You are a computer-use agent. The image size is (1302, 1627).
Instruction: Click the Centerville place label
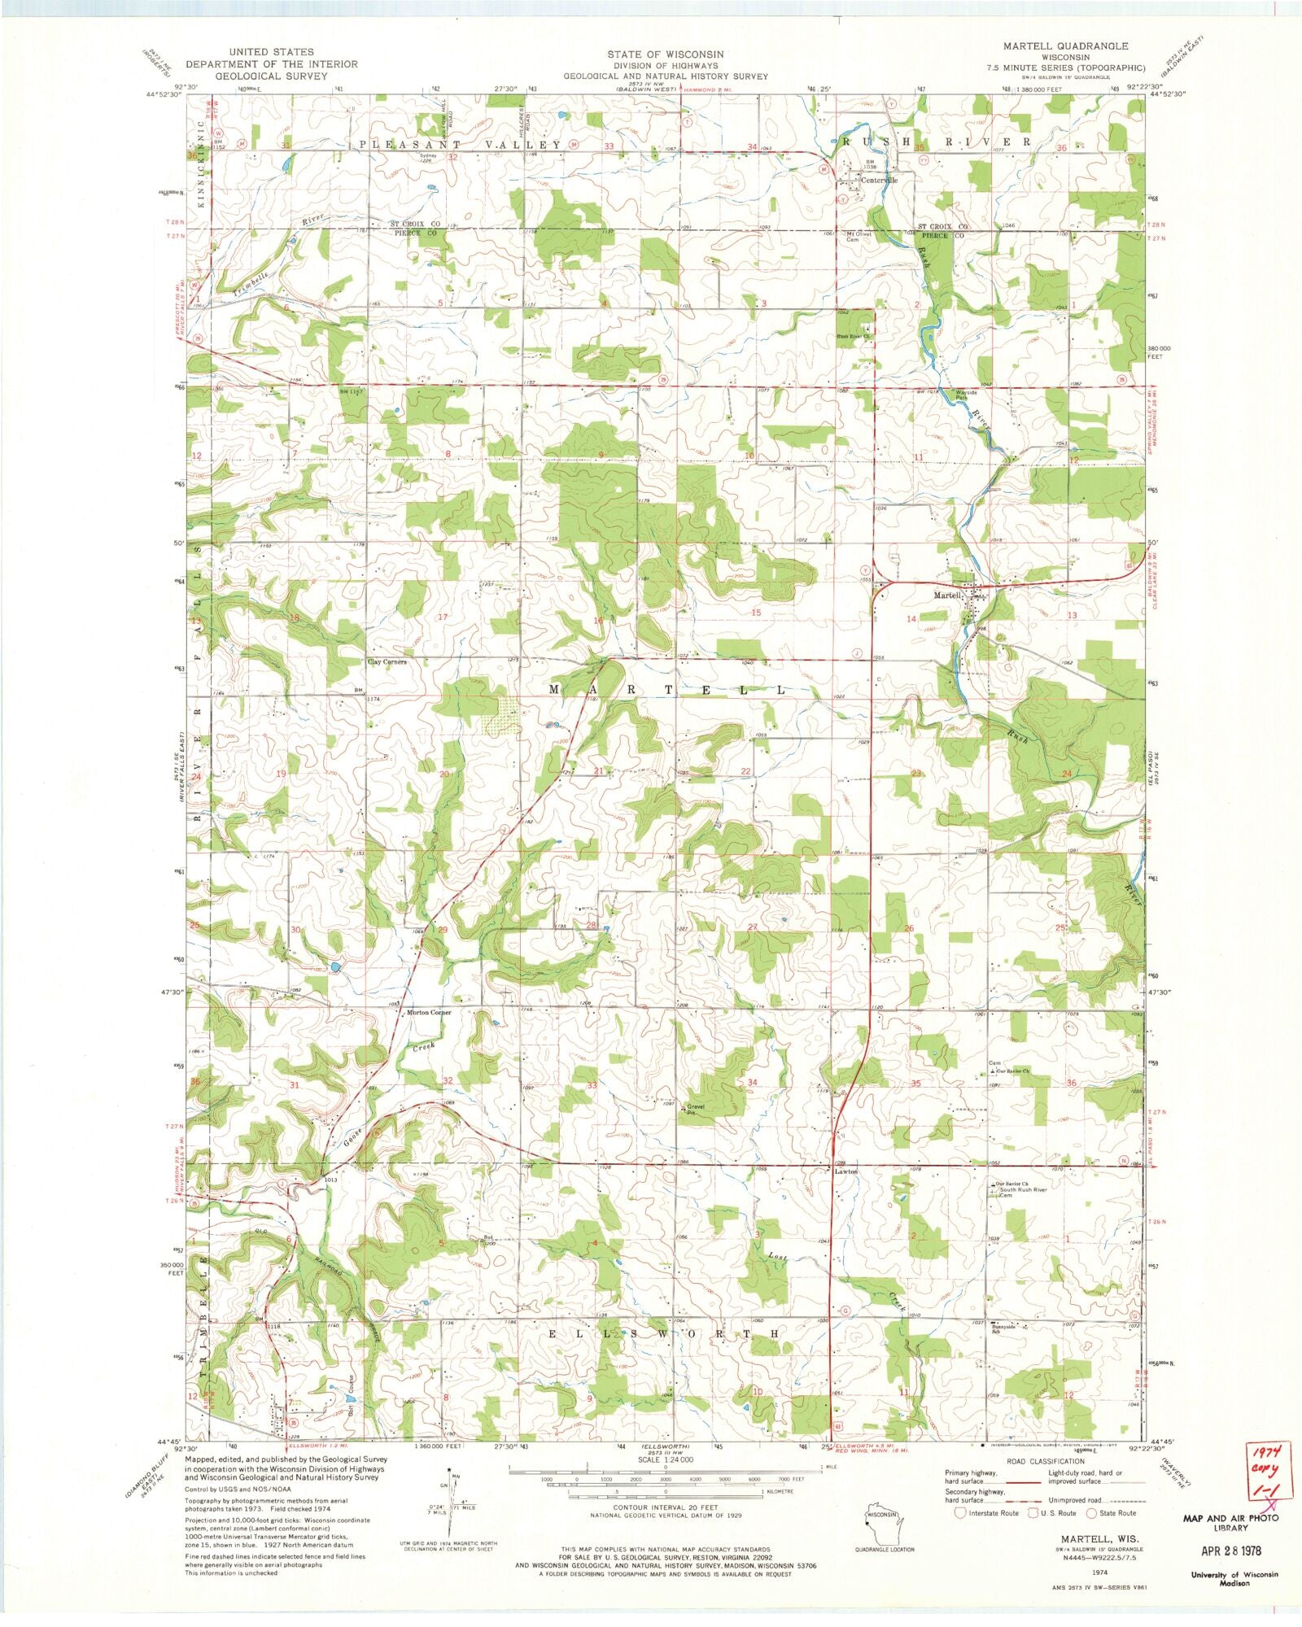click(x=880, y=181)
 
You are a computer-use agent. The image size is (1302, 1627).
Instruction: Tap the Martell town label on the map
click(x=946, y=595)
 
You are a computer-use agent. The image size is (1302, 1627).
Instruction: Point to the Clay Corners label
click(x=387, y=662)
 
